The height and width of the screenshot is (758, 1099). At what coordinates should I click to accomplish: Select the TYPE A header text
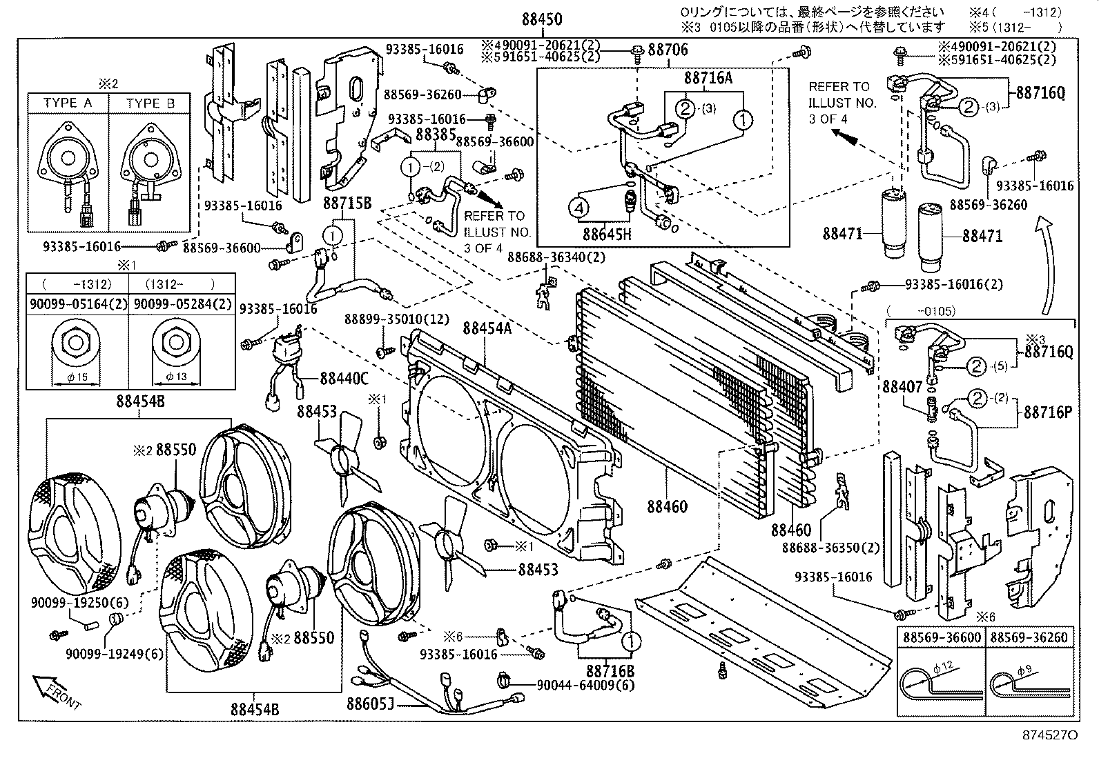point(68,103)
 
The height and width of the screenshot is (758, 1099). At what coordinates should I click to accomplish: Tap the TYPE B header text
point(150,103)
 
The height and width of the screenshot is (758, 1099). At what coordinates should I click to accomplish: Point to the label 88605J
point(370,702)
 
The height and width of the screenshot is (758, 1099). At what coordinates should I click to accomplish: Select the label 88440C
point(344,378)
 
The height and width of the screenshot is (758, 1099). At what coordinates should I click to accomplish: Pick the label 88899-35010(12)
point(398,319)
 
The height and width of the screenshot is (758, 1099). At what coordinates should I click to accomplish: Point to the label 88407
point(902,388)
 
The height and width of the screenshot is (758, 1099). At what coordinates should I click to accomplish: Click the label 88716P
point(1047,412)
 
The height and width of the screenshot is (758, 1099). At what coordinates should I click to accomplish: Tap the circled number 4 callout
point(578,206)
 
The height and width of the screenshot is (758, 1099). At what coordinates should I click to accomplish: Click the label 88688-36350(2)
point(830,547)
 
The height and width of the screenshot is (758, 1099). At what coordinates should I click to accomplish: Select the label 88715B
point(347,203)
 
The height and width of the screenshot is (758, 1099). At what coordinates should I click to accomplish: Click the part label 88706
point(668,50)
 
